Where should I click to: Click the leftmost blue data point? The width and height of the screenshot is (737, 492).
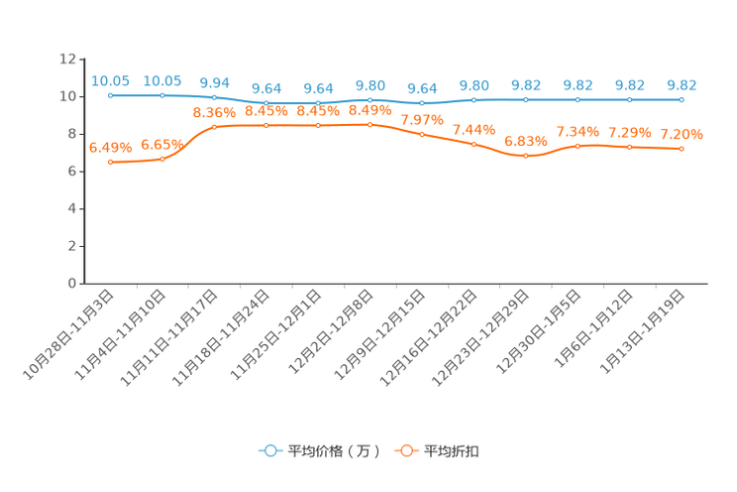click(110, 95)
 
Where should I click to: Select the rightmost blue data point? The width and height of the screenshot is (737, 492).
click(682, 99)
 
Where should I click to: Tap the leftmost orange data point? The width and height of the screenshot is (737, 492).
click(110, 162)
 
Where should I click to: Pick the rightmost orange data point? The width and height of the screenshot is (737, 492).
click(682, 149)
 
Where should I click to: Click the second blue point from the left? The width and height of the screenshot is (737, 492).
click(161, 95)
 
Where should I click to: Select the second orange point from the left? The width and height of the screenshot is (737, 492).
click(161, 159)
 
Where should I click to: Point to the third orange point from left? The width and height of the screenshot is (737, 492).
click(214, 127)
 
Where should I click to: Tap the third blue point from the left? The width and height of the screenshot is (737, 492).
click(214, 97)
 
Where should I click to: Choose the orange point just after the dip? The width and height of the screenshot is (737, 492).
click(578, 146)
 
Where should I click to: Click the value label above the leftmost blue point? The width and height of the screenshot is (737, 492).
click(110, 80)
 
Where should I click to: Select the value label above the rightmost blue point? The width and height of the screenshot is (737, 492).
click(682, 84)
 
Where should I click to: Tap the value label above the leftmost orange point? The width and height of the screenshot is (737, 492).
click(110, 148)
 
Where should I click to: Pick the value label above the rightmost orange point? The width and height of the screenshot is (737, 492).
click(682, 135)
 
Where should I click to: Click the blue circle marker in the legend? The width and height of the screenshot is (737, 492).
click(268, 450)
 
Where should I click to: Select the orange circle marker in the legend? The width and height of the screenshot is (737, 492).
click(405, 450)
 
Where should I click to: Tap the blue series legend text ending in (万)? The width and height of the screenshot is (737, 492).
click(333, 451)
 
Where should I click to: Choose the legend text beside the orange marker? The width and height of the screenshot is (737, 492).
click(453, 451)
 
